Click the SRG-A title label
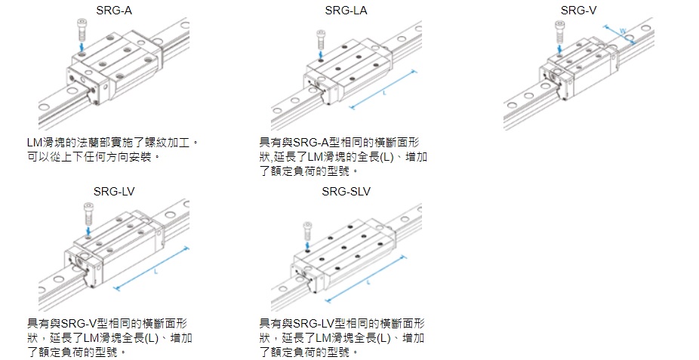(112, 10)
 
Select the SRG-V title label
(577, 10)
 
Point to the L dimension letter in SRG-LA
(384, 93)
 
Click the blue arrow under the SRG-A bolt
(82, 48)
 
